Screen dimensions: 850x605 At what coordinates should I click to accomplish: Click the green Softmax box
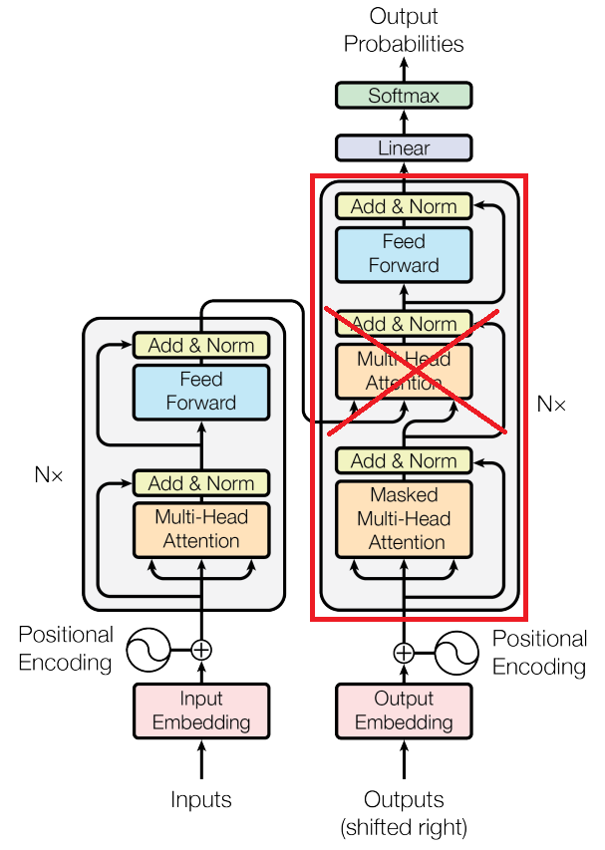[403, 96]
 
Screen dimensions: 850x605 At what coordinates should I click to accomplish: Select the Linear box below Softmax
[403, 148]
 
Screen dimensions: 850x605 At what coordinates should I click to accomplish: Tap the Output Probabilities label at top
[403, 30]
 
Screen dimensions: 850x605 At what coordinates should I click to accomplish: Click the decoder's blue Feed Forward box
[403, 253]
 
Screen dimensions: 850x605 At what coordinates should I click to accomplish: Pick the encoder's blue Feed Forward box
[201, 391]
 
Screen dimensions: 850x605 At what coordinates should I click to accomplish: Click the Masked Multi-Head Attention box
[403, 518]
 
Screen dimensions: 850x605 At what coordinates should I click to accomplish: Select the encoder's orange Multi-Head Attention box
[201, 529]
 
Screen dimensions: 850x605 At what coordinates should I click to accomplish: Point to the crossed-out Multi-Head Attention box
[403, 371]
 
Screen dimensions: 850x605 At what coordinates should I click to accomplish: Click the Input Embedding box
[201, 710]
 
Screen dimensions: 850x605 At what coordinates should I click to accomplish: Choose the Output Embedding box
[403, 710]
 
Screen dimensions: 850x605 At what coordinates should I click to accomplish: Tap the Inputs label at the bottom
[201, 799]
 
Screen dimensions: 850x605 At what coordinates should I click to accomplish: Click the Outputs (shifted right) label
[403, 812]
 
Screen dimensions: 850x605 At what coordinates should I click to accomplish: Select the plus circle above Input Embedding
[201, 650]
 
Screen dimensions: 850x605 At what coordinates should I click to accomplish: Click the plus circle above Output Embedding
[403, 653]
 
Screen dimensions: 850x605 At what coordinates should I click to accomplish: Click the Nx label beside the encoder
[49, 475]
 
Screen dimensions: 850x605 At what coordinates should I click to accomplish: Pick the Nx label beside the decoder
[551, 404]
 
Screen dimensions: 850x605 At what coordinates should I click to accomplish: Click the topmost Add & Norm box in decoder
[403, 206]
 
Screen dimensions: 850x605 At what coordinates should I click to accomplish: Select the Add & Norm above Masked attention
[403, 461]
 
